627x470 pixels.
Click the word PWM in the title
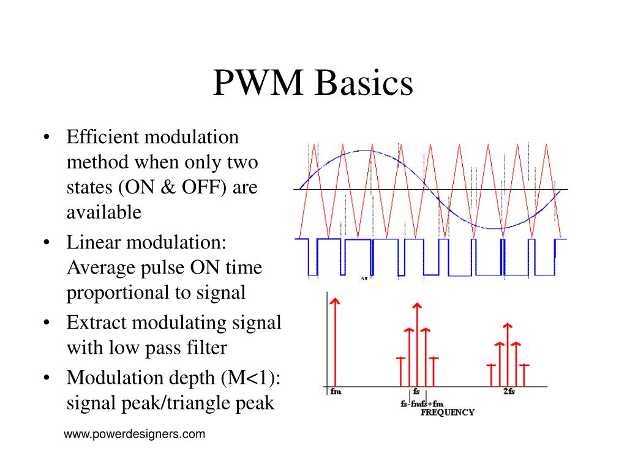[x=258, y=84]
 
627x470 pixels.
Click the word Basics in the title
[x=364, y=84]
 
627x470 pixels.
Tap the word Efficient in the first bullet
[x=102, y=136]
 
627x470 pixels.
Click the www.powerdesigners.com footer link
[x=134, y=435]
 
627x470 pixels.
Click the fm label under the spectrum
[x=335, y=392]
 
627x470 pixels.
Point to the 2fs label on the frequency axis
[x=509, y=392]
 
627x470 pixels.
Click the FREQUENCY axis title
[x=448, y=412]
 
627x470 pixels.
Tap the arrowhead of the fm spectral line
[x=334, y=300]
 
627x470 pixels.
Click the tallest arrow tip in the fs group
[x=417, y=305]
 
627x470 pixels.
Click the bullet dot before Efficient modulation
[x=47, y=136]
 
